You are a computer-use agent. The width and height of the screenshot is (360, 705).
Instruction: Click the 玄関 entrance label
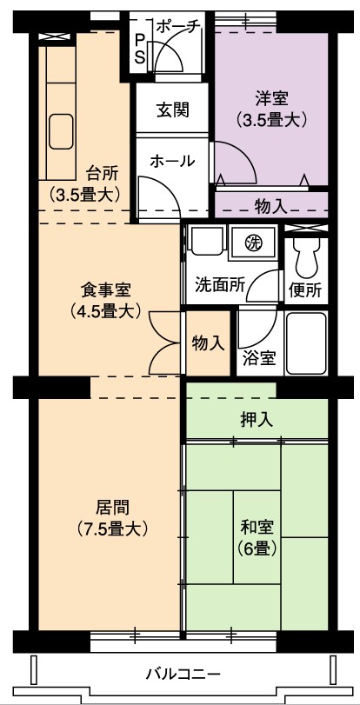coord(172,110)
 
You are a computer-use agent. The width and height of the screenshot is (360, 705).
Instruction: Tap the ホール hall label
coord(173,161)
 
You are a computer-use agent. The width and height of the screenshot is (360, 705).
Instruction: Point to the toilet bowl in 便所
coord(305,258)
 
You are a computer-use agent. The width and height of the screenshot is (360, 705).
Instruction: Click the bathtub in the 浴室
coord(305,343)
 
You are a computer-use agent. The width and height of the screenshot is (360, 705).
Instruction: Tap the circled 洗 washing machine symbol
coord(253,243)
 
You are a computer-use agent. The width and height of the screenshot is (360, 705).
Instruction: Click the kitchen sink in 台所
coord(61,131)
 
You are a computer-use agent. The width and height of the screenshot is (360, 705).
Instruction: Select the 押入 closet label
coord(256,421)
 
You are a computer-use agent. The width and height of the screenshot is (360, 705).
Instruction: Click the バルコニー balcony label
coord(183,675)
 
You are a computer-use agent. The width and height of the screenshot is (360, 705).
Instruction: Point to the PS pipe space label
coord(140,49)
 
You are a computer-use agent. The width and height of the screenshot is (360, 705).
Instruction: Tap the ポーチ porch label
coord(177,27)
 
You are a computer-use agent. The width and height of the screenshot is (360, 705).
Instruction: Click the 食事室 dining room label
coord(106,291)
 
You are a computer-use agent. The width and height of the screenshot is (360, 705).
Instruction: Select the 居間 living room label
coord(112,508)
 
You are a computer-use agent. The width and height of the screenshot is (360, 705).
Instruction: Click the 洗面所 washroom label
coord(220,285)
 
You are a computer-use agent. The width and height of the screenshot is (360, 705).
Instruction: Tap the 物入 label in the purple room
coord(271,206)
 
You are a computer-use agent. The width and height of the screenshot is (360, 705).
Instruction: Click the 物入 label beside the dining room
coord(208,343)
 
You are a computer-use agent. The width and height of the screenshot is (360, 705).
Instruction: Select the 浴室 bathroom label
coord(259,358)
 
